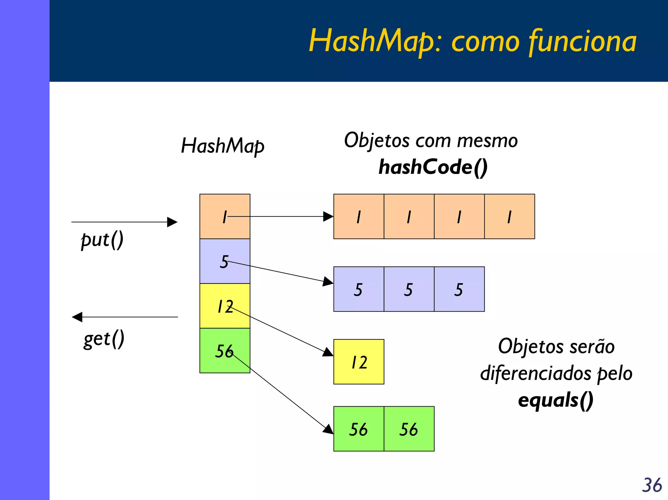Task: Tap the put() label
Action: click(x=102, y=240)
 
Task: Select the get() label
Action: click(x=104, y=339)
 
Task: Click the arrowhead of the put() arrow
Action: click(x=173, y=222)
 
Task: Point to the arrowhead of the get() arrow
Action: click(x=77, y=317)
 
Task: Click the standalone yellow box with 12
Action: click(x=359, y=362)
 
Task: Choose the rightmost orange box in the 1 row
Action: click(x=509, y=217)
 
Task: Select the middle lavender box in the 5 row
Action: click(x=409, y=289)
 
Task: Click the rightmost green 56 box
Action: click(x=409, y=429)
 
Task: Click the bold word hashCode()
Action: click(x=433, y=167)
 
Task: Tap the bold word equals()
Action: click(x=555, y=400)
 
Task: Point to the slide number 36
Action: click(x=652, y=485)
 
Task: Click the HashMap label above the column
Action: click(x=223, y=146)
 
